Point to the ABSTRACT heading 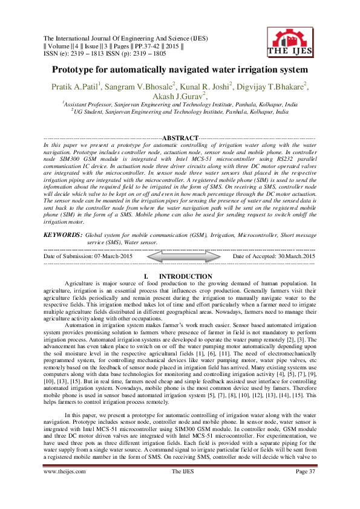(180, 138)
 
